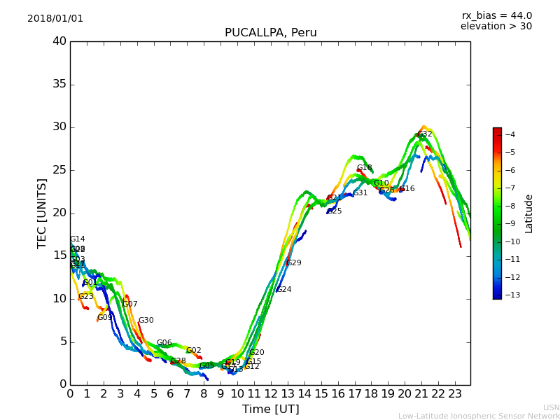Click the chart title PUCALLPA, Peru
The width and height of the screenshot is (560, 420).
click(x=270, y=33)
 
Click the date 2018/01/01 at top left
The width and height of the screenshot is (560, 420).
click(x=55, y=19)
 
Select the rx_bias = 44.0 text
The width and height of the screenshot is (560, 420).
click(x=496, y=16)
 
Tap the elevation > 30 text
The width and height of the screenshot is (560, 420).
click(x=496, y=27)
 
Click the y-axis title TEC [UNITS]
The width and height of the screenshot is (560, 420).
click(x=42, y=213)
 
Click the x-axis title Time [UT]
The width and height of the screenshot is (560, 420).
click(x=270, y=409)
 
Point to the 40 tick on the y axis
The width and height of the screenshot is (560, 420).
click(x=59, y=41)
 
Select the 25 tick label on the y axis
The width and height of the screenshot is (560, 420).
click(x=59, y=170)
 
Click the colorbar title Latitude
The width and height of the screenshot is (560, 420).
click(x=529, y=213)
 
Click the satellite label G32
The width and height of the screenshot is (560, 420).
click(x=425, y=134)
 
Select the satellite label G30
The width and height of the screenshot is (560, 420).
click(x=146, y=321)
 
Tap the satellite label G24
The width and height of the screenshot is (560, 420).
click(x=283, y=290)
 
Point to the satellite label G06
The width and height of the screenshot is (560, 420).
click(x=164, y=343)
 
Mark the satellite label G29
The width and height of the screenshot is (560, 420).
click(x=294, y=263)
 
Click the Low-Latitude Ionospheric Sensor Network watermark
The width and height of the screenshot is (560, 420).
click(x=479, y=416)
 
